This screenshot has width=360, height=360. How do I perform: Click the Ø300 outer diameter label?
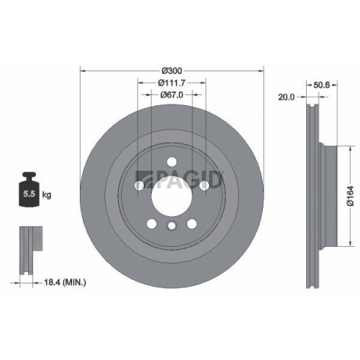pyautogui.click(x=172, y=70)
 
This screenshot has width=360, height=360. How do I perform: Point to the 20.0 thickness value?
pyautogui.click(x=287, y=96)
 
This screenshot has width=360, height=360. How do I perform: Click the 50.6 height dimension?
pyautogui.click(x=322, y=84)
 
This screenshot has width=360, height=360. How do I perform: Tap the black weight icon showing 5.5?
pyautogui.click(x=29, y=189)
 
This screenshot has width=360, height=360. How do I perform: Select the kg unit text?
pyautogui.click(x=47, y=194)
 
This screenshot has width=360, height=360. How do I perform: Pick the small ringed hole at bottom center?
pyautogui.click(x=171, y=228)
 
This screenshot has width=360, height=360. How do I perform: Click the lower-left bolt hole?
pyautogui.click(x=151, y=223)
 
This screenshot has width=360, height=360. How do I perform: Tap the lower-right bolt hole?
pyautogui.click(x=192, y=223)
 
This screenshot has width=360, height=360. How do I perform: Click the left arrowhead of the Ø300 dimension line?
pyautogui.click(x=81, y=71)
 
